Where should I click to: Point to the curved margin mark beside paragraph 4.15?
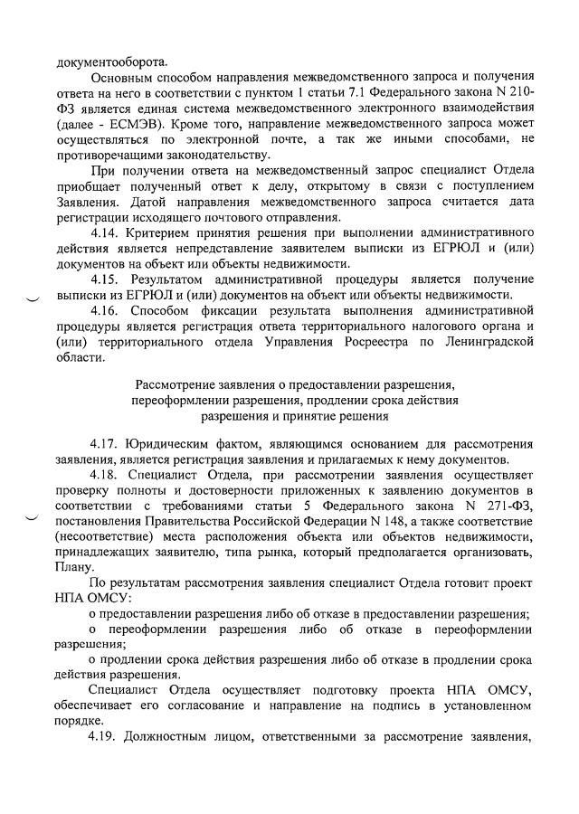click(x=33, y=298)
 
